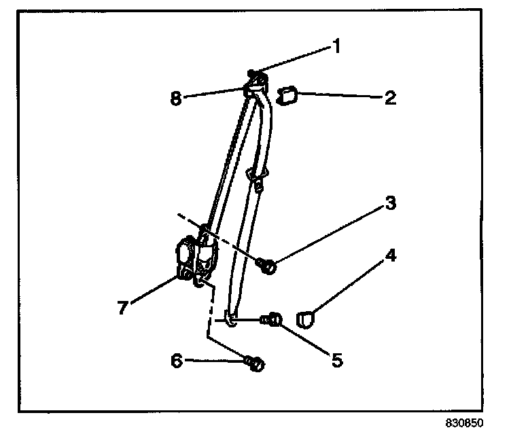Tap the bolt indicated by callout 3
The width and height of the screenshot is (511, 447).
(267, 266)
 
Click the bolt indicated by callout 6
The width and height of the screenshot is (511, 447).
(256, 364)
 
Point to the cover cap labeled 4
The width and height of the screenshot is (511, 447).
(308, 317)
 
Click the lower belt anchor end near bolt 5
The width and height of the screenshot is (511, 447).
(232, 319)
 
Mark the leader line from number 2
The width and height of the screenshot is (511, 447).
(340, 96)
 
